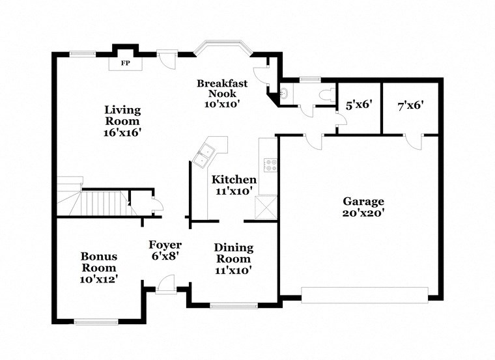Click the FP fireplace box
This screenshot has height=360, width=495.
126,64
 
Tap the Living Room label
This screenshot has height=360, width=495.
122,120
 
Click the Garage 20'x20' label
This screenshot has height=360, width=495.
363,207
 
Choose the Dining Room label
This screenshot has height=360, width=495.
234,258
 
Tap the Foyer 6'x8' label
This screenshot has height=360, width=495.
165,250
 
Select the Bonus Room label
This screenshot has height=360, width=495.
99,268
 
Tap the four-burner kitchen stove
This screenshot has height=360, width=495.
268,165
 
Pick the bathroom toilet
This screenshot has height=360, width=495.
326,94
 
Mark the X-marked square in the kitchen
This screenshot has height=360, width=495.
268,208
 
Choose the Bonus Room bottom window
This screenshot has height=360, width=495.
96,321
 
